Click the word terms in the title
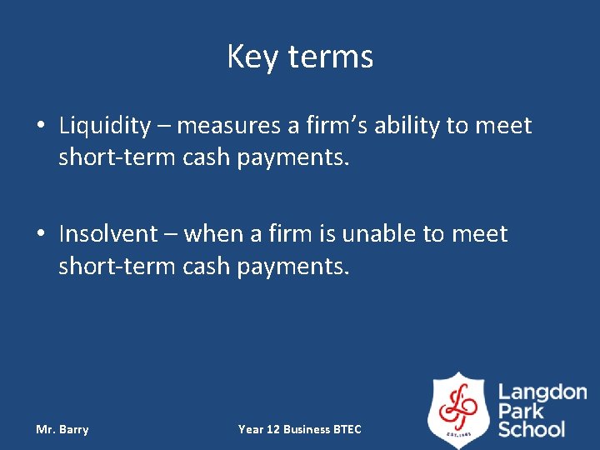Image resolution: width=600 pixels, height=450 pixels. coord(331,57)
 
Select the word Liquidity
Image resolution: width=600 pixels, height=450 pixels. coord(105,127)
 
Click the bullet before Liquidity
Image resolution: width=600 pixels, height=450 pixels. coord(41,127)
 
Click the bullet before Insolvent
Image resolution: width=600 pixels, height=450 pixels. coord(41,233)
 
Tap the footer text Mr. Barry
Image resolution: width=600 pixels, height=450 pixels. coord(62,430)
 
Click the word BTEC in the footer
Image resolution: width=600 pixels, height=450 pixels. coord(347,430)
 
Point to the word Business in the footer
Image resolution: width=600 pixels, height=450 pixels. coord(306,430)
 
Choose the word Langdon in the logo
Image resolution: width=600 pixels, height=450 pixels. coord(542,392)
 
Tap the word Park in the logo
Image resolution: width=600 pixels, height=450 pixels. coord(522,411)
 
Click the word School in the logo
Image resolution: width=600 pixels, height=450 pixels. coord(532,430)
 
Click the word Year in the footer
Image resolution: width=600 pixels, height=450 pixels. coord(250,430)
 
